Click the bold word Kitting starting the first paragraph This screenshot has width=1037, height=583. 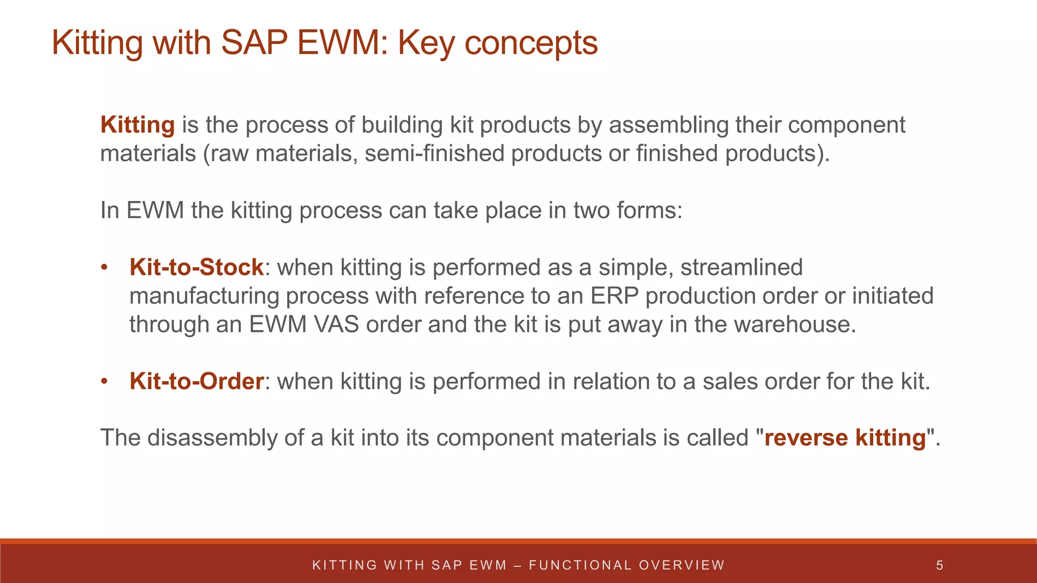(x=137, y=125)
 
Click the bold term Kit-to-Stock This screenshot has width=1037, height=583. (x=196, y=267)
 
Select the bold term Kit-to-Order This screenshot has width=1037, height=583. (x=196, y=381)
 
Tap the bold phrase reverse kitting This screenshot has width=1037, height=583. (x=845, y=438)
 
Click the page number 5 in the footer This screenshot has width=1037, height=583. (x=939, y=565)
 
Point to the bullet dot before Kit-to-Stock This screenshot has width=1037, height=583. (x=104, y=268)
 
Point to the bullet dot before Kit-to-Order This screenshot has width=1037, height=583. (x=104, y=382)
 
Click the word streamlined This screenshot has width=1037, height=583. (x=741, y=267)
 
